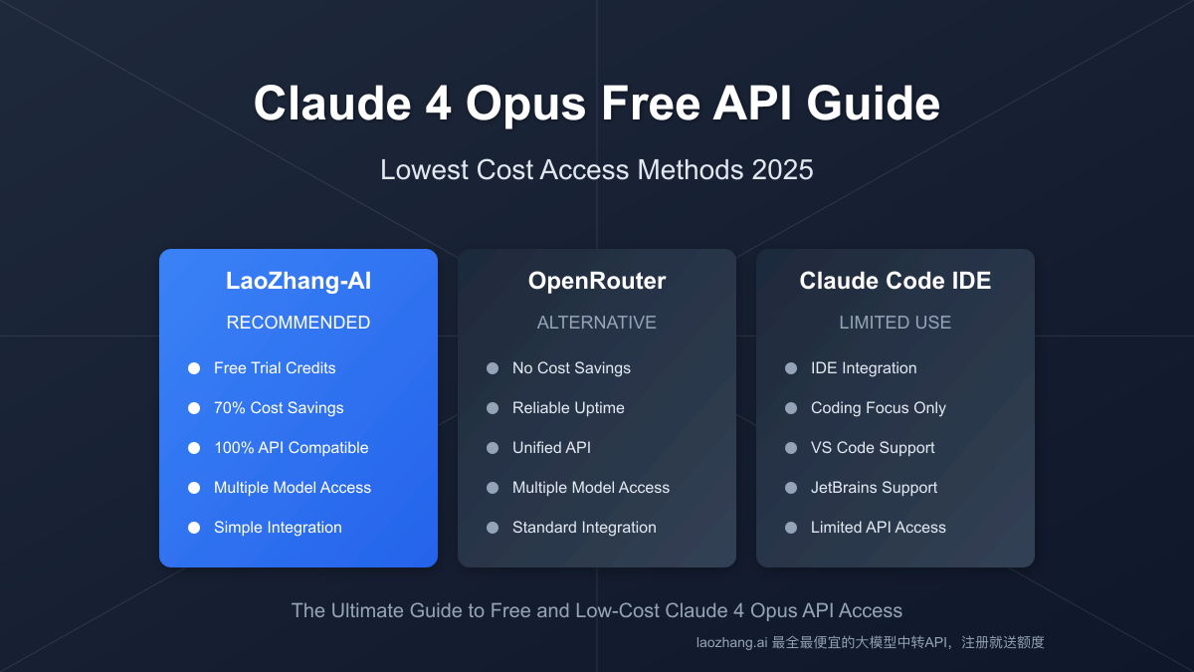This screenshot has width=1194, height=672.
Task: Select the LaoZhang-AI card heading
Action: click(298, 281)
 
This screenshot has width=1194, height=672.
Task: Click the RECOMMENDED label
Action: click(298, 323)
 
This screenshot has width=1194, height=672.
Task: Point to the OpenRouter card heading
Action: click(597, 281)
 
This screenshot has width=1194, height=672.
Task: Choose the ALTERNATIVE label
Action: click(597, 323)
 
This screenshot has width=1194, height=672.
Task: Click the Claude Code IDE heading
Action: click(895, 281)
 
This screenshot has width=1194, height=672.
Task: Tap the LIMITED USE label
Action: click(895, 323)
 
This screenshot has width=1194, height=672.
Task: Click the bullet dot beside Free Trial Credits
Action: click(194, 368)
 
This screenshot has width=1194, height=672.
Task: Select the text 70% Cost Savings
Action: click(279, 408)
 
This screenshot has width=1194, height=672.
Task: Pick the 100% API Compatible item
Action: click(291, 448)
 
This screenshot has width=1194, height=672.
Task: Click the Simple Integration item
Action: click(278, 528)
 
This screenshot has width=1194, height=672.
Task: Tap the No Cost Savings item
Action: click(571, 368)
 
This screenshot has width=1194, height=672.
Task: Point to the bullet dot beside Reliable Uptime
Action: click(493, 408)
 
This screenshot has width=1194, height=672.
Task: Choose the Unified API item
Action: click(551, 448)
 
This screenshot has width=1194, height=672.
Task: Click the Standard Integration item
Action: click(584, 528)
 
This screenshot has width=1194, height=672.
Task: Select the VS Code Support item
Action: click(873, 448)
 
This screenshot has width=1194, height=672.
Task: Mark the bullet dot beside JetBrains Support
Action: click(791, 488)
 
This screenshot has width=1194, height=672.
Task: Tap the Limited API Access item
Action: click(878, 528)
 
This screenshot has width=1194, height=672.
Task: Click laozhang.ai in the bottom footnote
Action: click(731, 643)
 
